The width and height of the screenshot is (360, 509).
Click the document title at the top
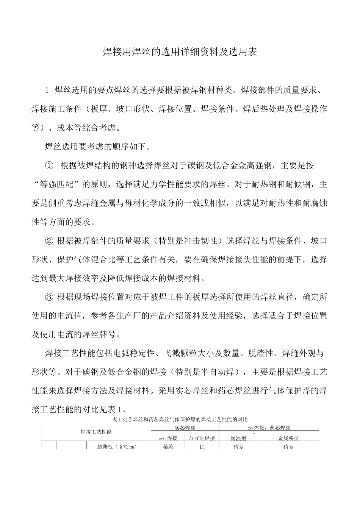coord(180,52)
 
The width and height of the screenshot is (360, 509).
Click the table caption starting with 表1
coord(180,419)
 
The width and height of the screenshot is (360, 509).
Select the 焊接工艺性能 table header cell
coord(96,432)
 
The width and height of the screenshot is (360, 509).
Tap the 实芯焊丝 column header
coord(185,428)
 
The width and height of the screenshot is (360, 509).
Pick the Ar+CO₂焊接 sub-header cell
coord(202,438)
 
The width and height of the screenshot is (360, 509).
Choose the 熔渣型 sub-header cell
coord(238,438)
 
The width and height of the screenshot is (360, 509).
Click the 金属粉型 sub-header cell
coord(288,438)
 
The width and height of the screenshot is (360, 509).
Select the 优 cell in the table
coord(202,447)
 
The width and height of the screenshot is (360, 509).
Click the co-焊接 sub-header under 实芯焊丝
coord(167,438)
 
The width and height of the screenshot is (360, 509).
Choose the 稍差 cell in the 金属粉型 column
coord(288,447)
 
